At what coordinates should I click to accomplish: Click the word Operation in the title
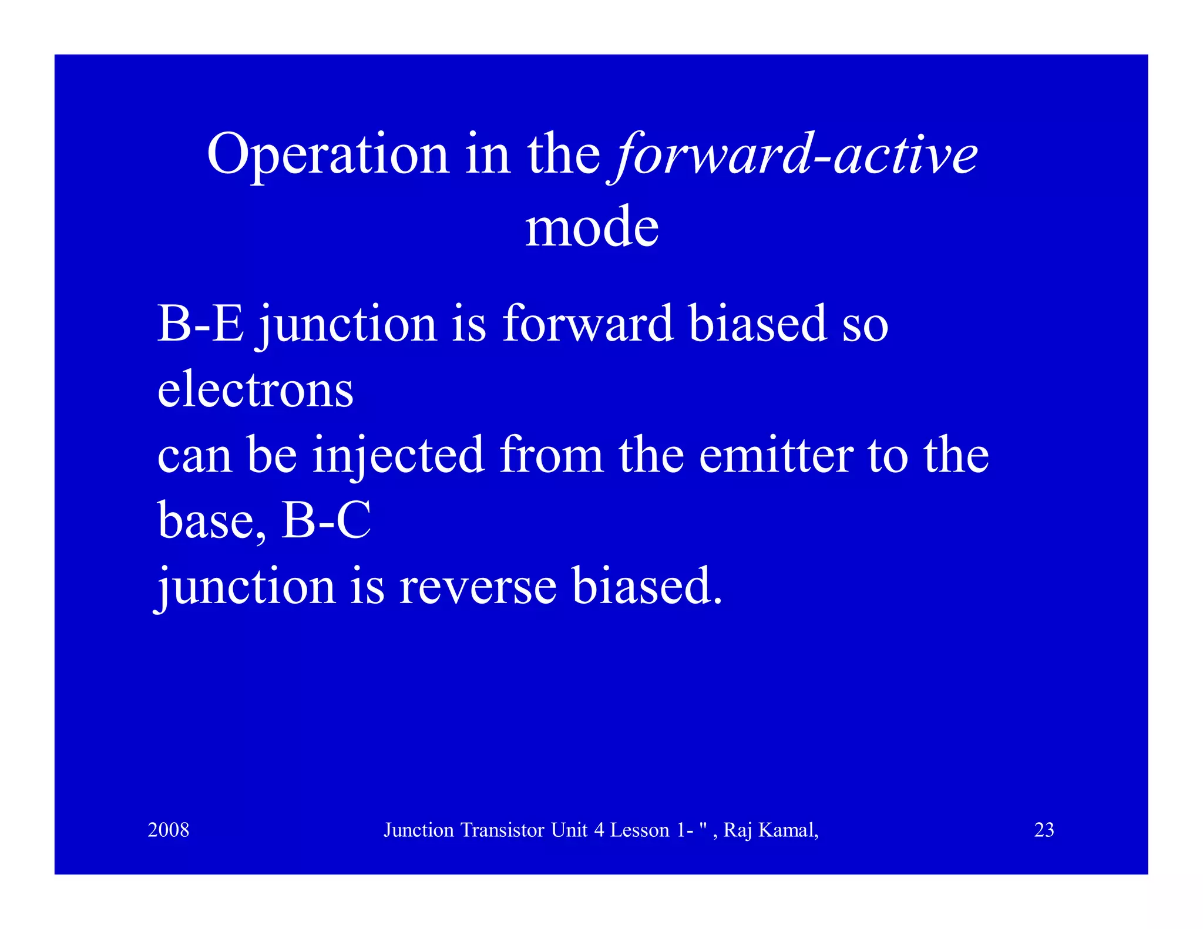point(328,156)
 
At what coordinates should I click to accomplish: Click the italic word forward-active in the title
point(796,156)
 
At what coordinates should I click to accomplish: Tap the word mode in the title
point(592,228)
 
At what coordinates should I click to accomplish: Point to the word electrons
point(255,390)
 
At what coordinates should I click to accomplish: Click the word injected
point(398,456)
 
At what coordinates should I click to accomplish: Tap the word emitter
point(776,456)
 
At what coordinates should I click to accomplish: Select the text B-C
point(326,521)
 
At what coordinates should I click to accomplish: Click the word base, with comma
point(212,522)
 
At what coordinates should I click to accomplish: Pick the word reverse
point(478,587)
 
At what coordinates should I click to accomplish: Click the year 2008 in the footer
point(169,830)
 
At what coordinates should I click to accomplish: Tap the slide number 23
point(1044,830)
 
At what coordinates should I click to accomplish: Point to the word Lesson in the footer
point(639,830)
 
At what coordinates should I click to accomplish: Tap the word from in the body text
point(552,456)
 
